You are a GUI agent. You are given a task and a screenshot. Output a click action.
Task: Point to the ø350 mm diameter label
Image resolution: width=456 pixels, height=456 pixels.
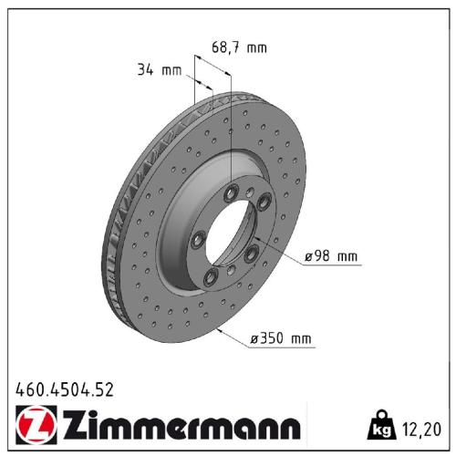281,339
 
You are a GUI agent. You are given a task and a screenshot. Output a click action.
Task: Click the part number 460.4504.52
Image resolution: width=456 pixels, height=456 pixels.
65,389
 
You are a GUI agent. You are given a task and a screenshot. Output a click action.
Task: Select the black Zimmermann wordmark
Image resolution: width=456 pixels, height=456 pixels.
180,428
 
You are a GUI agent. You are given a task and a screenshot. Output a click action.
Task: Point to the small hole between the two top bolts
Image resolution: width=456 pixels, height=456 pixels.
248,192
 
